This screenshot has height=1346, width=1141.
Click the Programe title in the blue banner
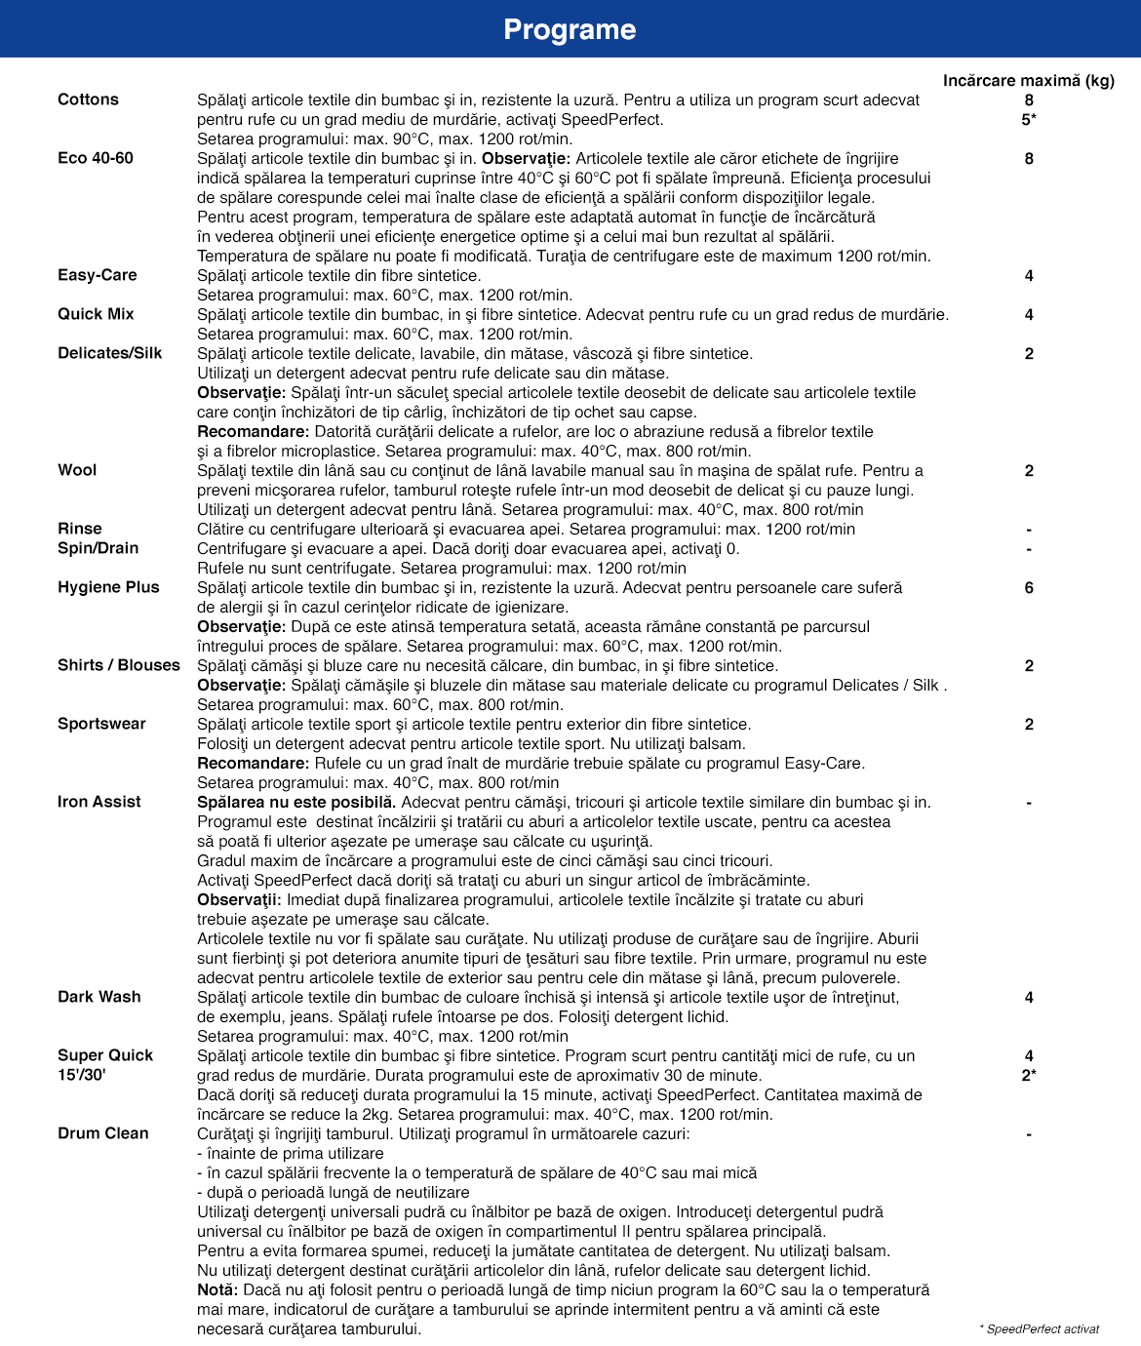coord(570,30)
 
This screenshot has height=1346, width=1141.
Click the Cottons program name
coord(88,99)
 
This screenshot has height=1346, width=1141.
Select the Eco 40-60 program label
coord(96,158)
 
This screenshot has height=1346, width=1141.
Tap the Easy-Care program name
coord(98,275)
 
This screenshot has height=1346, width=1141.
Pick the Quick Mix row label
coord(96,314)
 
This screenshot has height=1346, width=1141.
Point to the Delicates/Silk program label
coord(110,353)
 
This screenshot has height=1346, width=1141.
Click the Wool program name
coord(77,470)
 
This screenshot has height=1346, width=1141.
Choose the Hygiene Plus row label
coord(108,587)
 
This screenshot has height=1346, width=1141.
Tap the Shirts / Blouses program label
coord(119,665)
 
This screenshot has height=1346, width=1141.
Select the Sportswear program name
coord(101,724)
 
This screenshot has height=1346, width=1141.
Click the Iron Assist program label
coord(99,802)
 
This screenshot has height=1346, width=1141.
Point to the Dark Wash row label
coord(99,997)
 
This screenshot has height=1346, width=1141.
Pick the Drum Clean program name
coord(103,1133)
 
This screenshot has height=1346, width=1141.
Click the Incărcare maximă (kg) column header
coord(1028,81)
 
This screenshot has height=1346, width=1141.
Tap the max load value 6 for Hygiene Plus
coord(1029,588)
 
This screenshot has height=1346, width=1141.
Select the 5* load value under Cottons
coord(1029,120)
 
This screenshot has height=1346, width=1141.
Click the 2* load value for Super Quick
coord(1029,1076)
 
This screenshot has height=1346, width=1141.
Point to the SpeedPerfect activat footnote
coord(1040,1329)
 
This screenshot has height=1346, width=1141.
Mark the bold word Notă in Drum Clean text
coord(217,1290)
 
